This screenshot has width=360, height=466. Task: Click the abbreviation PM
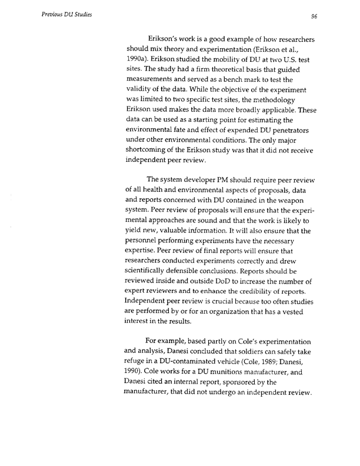222,179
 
